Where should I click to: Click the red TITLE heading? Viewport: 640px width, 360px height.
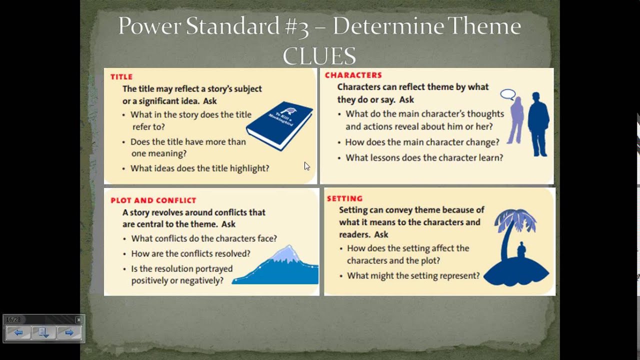(x=121, y=77)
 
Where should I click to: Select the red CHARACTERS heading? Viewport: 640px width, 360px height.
(x=353, y=75)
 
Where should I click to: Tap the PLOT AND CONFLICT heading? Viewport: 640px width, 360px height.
(x=153, y=200)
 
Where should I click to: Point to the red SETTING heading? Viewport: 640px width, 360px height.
(x=344, y=198)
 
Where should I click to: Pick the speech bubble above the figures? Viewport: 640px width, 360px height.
(x=507, y=94)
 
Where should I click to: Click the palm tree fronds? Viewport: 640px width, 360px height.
(x=515, y=220)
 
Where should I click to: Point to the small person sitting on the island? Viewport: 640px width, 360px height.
(x=521, y=250)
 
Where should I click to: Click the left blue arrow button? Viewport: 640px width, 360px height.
(x=18, y=332)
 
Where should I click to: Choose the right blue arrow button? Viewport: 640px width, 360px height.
(x=69, y=332)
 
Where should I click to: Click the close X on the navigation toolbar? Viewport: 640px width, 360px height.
(x=78, y=319)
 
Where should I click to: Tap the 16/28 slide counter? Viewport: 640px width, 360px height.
(x=13, y=319)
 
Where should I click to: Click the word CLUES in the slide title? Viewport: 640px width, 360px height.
(x=319, y=55)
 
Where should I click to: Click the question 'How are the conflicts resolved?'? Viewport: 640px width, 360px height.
(x=190, y=253)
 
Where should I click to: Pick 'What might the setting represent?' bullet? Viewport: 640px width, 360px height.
(x=413, y=275)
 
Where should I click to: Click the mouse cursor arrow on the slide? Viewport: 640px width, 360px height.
(x=306, y=166)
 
